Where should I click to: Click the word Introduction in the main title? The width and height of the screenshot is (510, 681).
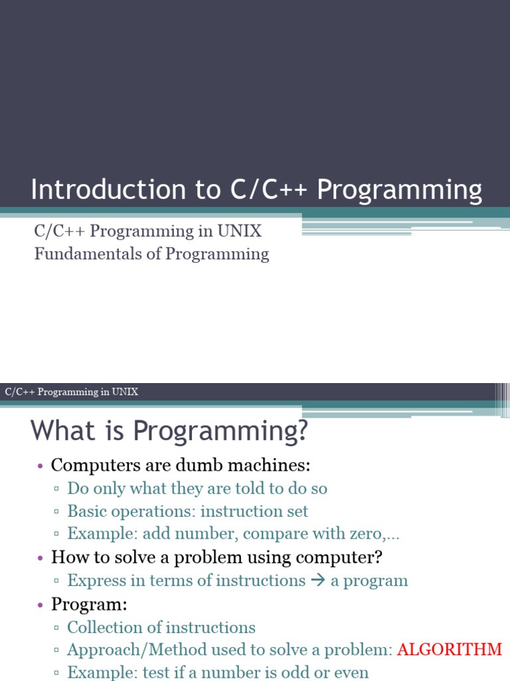pos(108,190)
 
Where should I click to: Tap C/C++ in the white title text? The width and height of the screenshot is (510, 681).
pos(269,190)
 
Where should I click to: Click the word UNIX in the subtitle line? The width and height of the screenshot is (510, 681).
pos(239,231)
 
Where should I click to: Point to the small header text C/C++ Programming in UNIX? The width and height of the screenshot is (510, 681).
pos(72,392)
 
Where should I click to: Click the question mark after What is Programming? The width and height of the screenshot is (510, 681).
pos(301,431)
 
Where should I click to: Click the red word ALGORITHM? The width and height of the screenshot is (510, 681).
pos(450,650)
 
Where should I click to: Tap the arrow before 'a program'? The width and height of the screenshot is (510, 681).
pos(318,580)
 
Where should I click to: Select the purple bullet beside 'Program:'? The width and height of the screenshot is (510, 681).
pos(41,605)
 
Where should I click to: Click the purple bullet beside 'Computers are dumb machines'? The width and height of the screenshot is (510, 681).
pos(41,466)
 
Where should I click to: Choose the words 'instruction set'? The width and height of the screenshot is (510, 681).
pos(254,511)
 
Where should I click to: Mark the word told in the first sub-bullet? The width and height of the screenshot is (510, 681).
pos(250,488)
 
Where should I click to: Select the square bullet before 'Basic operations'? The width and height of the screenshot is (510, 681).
pos(56,511)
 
